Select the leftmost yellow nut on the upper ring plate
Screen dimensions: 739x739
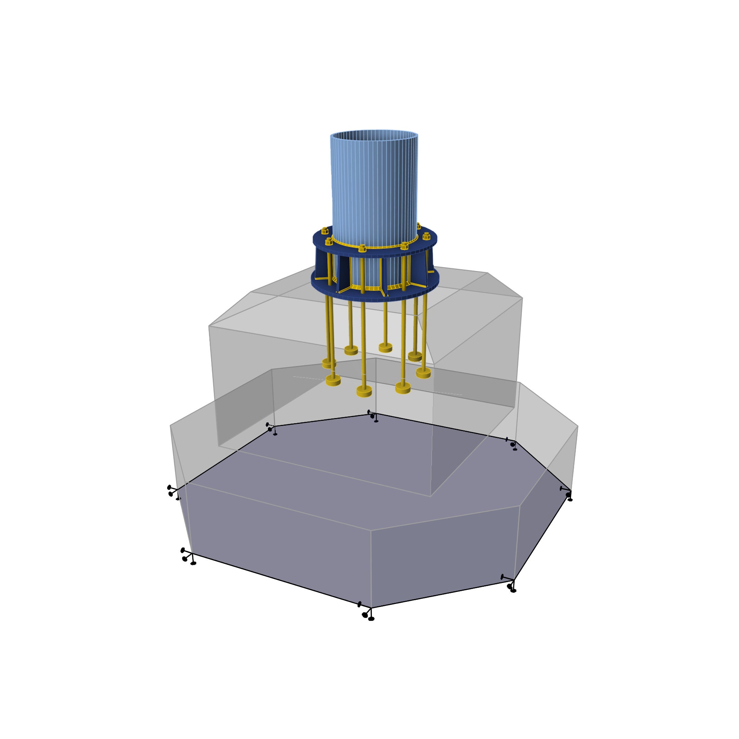pos(325,230)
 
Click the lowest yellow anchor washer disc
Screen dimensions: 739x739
pos(364,391)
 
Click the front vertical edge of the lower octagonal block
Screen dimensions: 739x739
pos(371,566)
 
